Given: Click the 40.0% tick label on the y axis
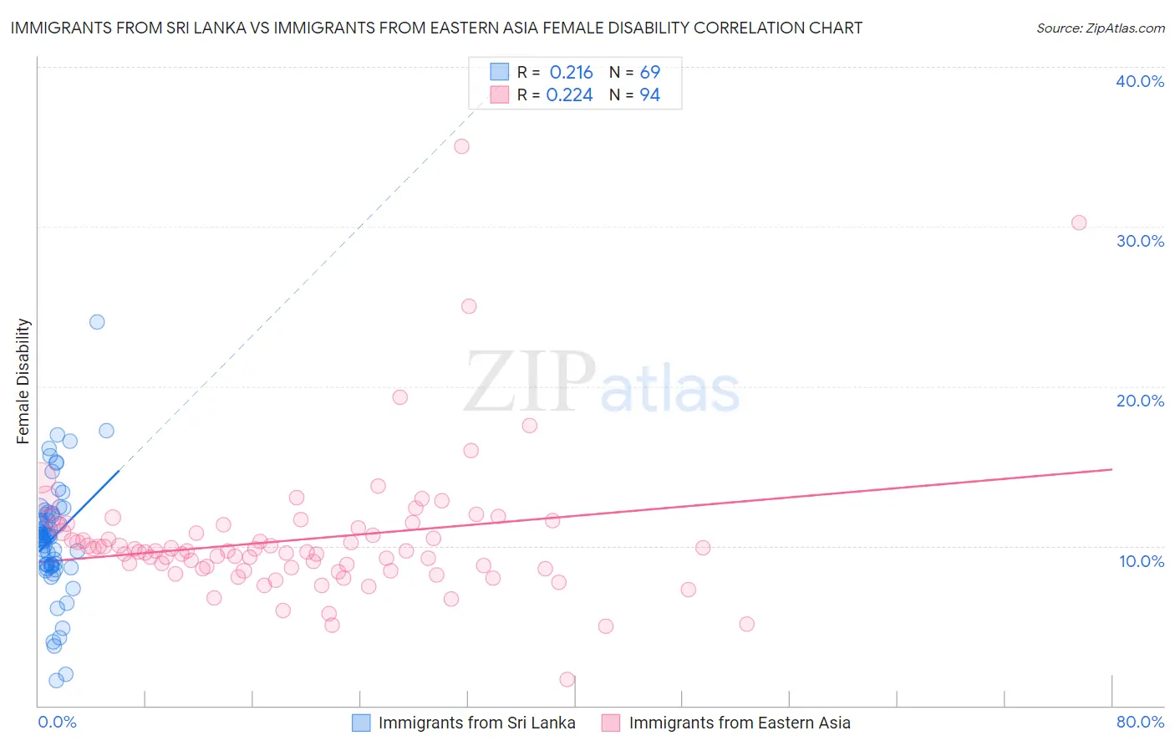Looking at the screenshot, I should (x=1140, y=81).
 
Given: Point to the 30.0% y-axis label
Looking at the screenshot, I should (x=1140, y=241).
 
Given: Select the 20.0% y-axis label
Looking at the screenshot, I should (x=1140, y=401).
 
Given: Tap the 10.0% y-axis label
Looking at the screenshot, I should (x=1142, y=561).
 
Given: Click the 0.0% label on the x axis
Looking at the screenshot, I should (x=57, y=722).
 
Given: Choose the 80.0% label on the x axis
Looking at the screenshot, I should (x=1140, y=722).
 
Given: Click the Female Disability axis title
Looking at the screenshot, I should (x=23, y=381).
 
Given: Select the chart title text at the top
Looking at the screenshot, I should (x=436, y=28).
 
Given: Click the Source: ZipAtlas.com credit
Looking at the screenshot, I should (x=1100, y=28).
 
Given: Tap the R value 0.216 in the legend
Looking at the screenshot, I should (x=571, y=73).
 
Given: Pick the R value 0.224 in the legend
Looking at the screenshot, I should (x=569, y=95).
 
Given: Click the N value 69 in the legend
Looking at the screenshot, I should (x=649, y=73).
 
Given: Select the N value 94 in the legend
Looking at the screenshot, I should (x=649, y=95).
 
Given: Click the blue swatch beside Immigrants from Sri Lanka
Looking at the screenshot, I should (x=361, y=723).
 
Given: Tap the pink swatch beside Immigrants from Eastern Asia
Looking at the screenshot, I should (x=611, y=723).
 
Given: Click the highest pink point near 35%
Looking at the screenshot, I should (x=461, y=146).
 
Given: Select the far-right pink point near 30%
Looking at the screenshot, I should (x=1079, y=222).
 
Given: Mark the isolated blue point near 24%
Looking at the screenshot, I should (x=97, y=322).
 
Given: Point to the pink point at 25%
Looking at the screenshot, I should (x=469, y=306).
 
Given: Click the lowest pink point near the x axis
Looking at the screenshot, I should (x=567, y=679).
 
